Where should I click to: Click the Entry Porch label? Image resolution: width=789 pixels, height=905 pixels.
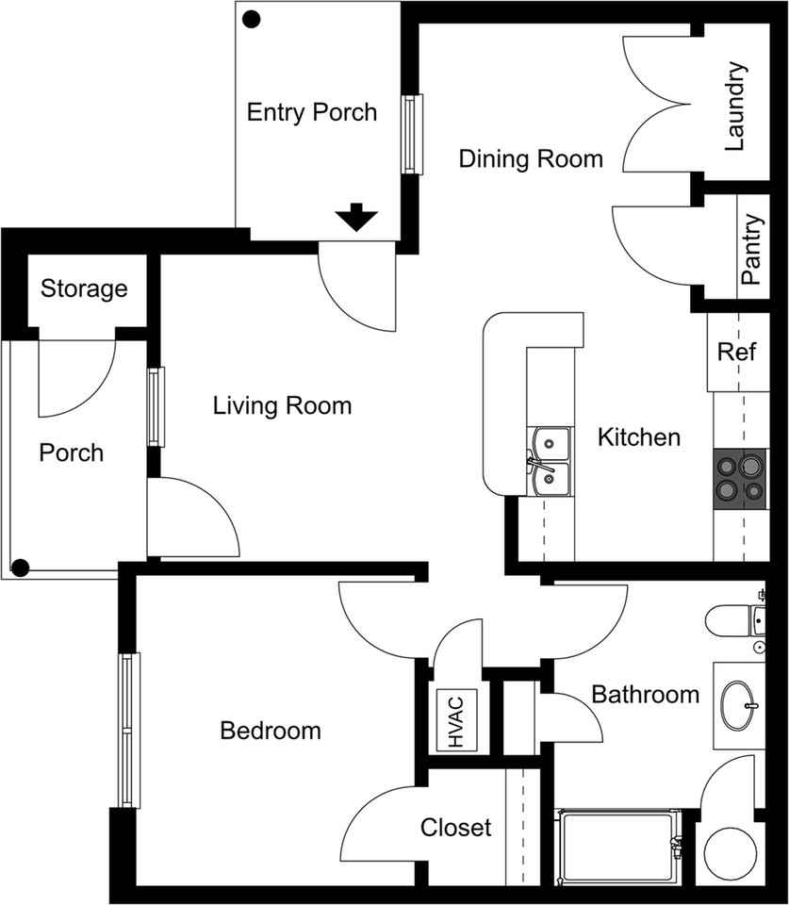tap(311, 113)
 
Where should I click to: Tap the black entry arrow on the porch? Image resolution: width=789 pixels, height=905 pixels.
tap(357, 218)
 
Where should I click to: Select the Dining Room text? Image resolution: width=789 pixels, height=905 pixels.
tap(531, 158)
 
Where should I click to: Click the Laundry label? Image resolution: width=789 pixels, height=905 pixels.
tap(735, 107)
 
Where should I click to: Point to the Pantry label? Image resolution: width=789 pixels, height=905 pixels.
tap(750, 251)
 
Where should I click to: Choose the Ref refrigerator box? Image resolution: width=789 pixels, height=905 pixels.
tap(736, 353)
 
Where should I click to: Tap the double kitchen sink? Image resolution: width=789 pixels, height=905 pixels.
tap(550, 461)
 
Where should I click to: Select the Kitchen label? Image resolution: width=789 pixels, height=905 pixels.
tap(639, 437)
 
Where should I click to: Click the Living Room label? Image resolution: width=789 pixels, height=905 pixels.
tap(282, 406)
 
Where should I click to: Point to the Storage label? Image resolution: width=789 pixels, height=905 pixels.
tap(84, 288)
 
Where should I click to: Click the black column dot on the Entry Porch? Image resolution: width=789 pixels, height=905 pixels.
tap(252, 18)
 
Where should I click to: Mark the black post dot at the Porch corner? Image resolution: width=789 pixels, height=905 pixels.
tap(20, 567)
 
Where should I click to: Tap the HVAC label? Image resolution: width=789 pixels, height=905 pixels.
tap(458, 721)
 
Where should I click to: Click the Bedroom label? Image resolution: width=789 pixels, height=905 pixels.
tap(270, 731)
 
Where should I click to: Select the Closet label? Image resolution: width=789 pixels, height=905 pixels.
tap(455, 828)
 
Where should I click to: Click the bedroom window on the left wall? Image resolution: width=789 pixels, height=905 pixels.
tap(128, 730)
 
